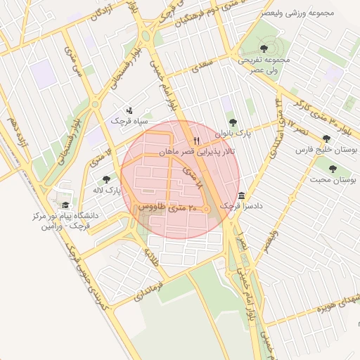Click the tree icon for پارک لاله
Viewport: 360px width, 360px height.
point(106,179)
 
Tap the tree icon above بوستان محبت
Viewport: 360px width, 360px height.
point(333,169)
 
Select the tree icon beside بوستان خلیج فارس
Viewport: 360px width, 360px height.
point(326,139)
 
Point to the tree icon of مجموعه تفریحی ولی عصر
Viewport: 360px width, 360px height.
point(264,49)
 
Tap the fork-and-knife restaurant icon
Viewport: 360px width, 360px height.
point(197,140)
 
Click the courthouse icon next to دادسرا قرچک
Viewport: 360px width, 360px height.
point(242,195)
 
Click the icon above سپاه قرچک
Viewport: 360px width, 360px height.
point(129,110)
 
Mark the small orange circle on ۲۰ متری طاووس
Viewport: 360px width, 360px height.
point(207,210)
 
